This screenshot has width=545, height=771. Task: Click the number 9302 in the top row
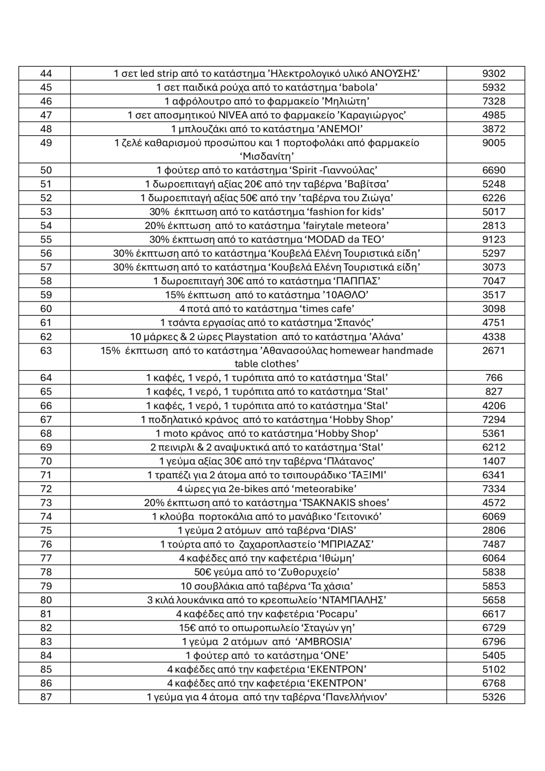[x=493, y=74]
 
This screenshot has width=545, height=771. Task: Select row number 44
[x=46, y=74]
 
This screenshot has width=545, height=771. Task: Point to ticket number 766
[x=493, y=378]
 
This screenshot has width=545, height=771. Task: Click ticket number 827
[x=493, y=391]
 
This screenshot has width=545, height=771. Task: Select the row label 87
[x=46, y=697]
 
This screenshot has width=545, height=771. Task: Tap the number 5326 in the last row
[x=493, y=697]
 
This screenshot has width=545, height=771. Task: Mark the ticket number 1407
[x=493, y=461]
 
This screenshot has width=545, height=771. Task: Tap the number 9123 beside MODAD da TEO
[x=493, y=239]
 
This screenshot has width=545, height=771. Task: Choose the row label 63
[x=46, y=351]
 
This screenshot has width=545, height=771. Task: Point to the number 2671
[x=493, y=351]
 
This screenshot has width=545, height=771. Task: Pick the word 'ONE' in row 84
[x=335, y=655]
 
